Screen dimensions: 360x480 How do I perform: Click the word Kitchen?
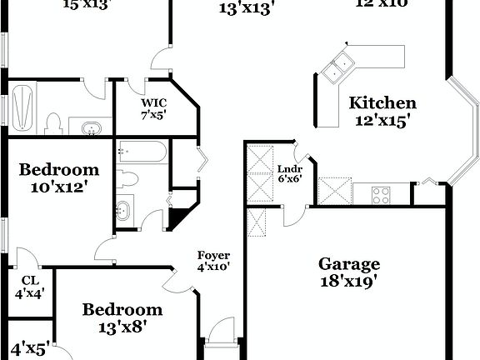[382, 103]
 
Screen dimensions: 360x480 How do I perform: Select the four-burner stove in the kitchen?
[381, 196]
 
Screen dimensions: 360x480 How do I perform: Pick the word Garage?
[349, 264]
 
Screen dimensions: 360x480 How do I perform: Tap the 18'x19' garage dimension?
[349, 281]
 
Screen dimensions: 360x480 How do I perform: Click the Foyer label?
[213, 255]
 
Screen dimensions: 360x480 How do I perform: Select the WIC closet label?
[153, 103]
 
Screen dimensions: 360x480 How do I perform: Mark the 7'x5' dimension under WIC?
[153, 115]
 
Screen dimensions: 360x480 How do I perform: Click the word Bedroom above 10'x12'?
[55, 171]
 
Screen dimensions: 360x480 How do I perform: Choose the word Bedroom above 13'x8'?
[122, 310]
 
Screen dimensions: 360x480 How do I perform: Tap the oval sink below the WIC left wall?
[92, 127]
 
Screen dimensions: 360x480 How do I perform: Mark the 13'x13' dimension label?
[246, 9]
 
